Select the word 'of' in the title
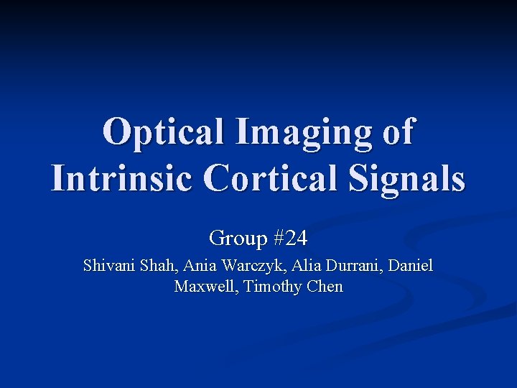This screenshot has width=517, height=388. pyautogui.click(x=396, y=132)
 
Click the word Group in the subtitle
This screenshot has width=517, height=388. pyautogui.click(x=235, y=237)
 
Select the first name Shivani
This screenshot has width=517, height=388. pyautogui.click(x=108, y=266)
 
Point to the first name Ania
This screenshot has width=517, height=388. pyautogui.click(x=200, y=266)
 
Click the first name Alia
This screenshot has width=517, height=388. pyautogui.click(x=302, y=266)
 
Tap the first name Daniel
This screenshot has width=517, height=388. pyautogui.click(x=411, y=266)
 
